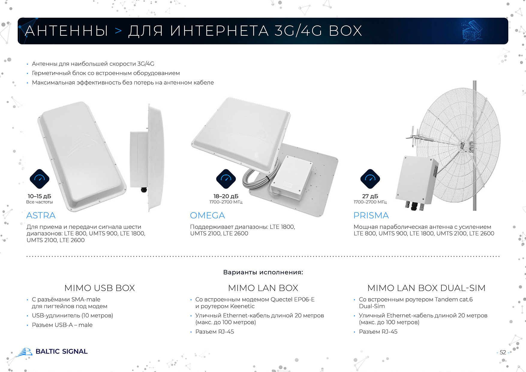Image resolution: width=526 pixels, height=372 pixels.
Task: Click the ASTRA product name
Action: point(41,215)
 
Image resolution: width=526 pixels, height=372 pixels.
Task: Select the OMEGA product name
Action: point(208,215)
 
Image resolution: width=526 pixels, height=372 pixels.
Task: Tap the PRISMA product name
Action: point(371,215)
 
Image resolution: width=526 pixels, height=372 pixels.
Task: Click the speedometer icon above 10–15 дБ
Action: point(40,179)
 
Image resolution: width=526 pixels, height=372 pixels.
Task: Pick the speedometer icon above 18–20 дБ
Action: point(226,179)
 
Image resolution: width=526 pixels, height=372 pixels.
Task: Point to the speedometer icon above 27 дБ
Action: point(370,179)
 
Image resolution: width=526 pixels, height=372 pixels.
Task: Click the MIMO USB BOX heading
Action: point(100,288)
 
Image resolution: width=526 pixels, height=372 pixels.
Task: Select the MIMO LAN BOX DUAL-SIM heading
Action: point(426,288)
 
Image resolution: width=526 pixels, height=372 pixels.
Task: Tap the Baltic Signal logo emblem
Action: point(25,352)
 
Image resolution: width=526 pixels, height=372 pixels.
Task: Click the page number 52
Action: point(503,352)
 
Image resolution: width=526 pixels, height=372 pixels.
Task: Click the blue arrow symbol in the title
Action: point(118,31)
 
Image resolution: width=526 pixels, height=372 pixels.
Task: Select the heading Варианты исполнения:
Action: point(263,272)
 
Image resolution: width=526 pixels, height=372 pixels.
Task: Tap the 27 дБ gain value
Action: point(370,196)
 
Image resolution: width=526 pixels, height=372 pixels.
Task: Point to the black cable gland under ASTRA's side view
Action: point(144,190)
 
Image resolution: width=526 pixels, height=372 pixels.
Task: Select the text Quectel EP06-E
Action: point(292,299)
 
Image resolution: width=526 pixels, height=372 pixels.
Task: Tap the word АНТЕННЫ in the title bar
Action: point(66,31)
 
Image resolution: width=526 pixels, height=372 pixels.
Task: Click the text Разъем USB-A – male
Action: point(62,325)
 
